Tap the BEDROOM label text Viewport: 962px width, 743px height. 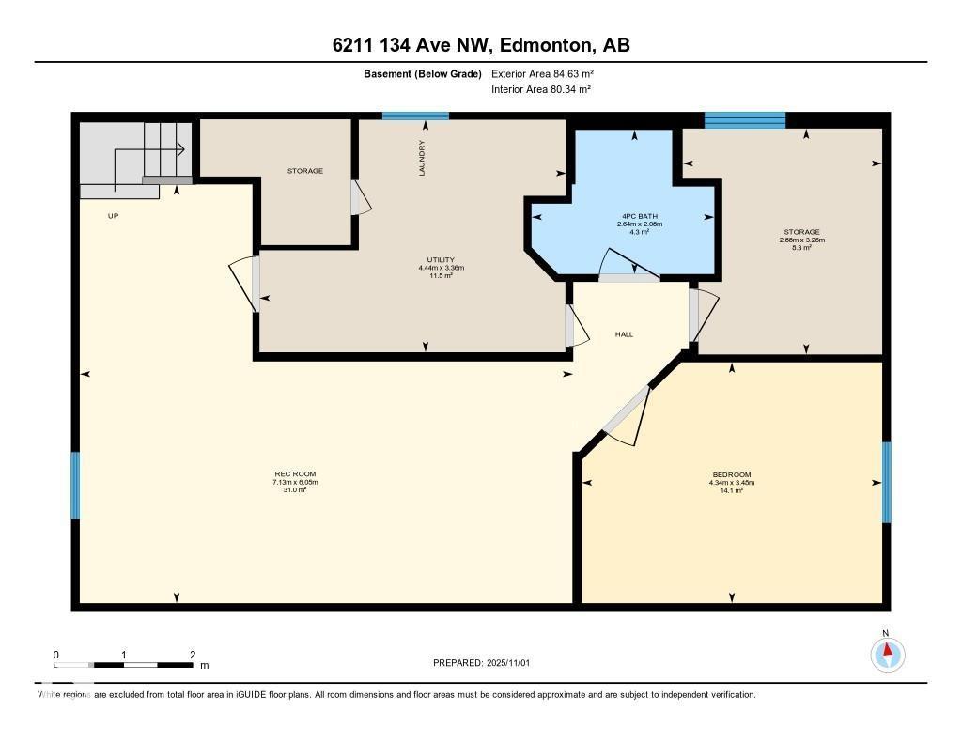pos(732,474)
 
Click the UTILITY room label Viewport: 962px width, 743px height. pos(441,259)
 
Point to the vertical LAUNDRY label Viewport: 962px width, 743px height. pos(423,158)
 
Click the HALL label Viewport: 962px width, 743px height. pos(625,333)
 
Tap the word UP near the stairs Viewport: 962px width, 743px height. pos(114,215)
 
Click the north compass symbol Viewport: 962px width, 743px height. pos(887,653)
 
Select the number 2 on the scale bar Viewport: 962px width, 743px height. pos(193,655)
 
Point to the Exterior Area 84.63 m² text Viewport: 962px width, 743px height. pos(542,73)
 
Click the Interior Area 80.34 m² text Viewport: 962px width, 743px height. pos(540,89)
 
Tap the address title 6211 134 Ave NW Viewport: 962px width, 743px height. pos(480,45)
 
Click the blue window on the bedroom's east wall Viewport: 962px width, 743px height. pos(886,482)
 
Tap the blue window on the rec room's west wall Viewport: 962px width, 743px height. pos(75,485)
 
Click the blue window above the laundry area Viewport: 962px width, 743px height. pos(415,116)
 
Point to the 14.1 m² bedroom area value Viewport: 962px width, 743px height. pos(732,490)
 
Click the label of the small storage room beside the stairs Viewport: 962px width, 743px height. pos(304,171)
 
